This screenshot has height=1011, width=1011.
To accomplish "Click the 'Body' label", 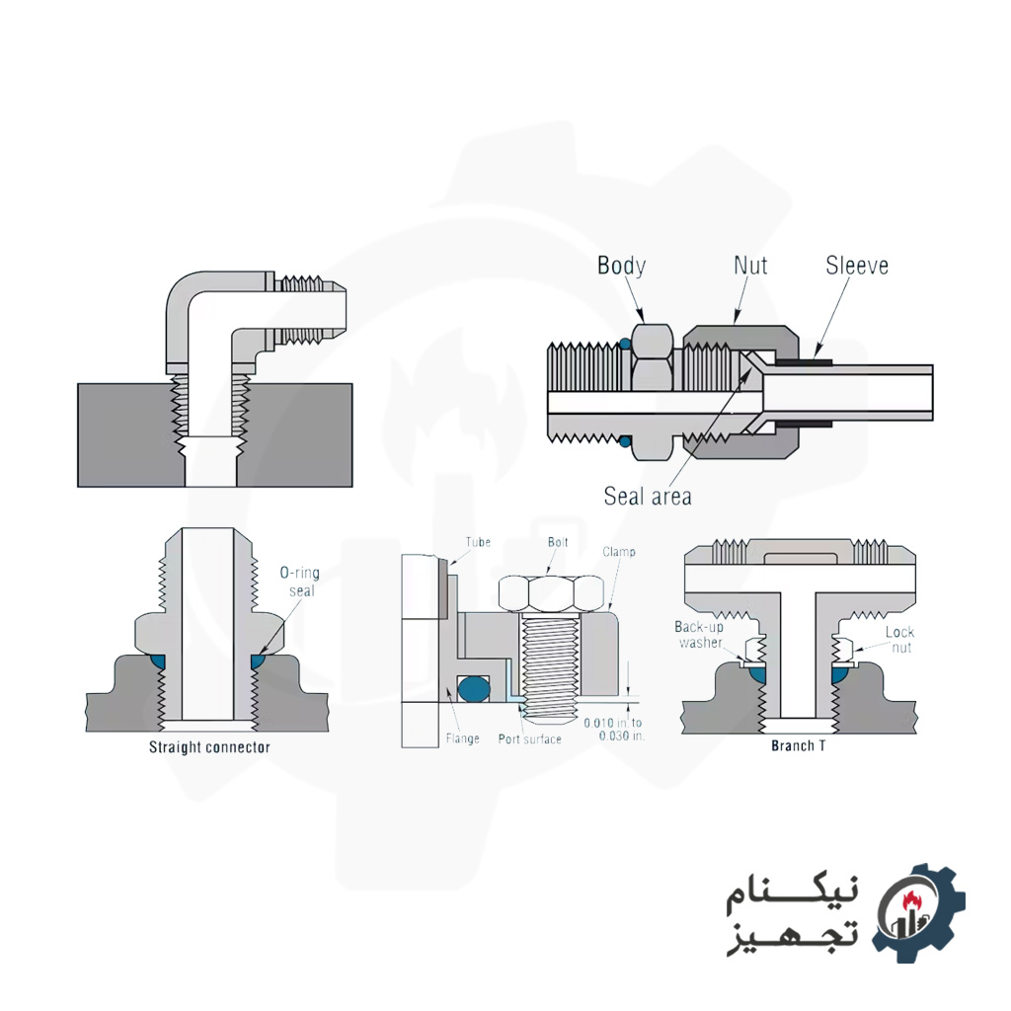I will [621, 266].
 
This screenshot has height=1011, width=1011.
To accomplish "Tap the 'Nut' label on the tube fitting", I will [750, 266].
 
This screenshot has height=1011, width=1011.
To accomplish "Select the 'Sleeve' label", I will [856, 266].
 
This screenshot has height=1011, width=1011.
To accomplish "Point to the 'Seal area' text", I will [648, 496].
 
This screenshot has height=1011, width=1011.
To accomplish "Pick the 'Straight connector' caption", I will [209, 747].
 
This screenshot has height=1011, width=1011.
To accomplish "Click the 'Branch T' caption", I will [798, 746].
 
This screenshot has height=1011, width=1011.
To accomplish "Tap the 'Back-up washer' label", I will [700, 635].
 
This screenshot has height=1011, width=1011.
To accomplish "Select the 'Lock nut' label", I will [899, 640].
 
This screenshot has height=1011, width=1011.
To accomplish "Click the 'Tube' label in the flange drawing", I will [478, 542].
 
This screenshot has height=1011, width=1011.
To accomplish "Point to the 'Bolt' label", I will [558, 542].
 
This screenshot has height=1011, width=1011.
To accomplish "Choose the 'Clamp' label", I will [619, 551].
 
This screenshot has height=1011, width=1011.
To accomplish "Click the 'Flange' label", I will [461, 738].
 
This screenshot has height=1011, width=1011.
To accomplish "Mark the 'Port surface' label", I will [530, 739].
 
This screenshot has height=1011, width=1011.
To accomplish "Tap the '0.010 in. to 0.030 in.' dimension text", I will [613, 730].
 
